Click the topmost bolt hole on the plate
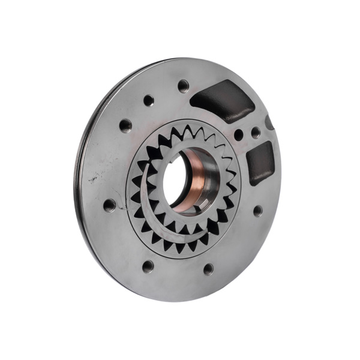point(184,85)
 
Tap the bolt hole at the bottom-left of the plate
point(148,266)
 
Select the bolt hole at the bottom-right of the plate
point(208,269)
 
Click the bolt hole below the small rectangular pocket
point(257,211)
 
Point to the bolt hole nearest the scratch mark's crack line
point(109,205)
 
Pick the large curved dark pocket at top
point(222,99)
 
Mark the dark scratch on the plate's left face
point(93,178)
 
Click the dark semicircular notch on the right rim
point(269,123)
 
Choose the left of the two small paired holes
point(239,135)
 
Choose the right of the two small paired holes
point(256,132)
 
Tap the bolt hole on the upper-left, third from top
point(125,125)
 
